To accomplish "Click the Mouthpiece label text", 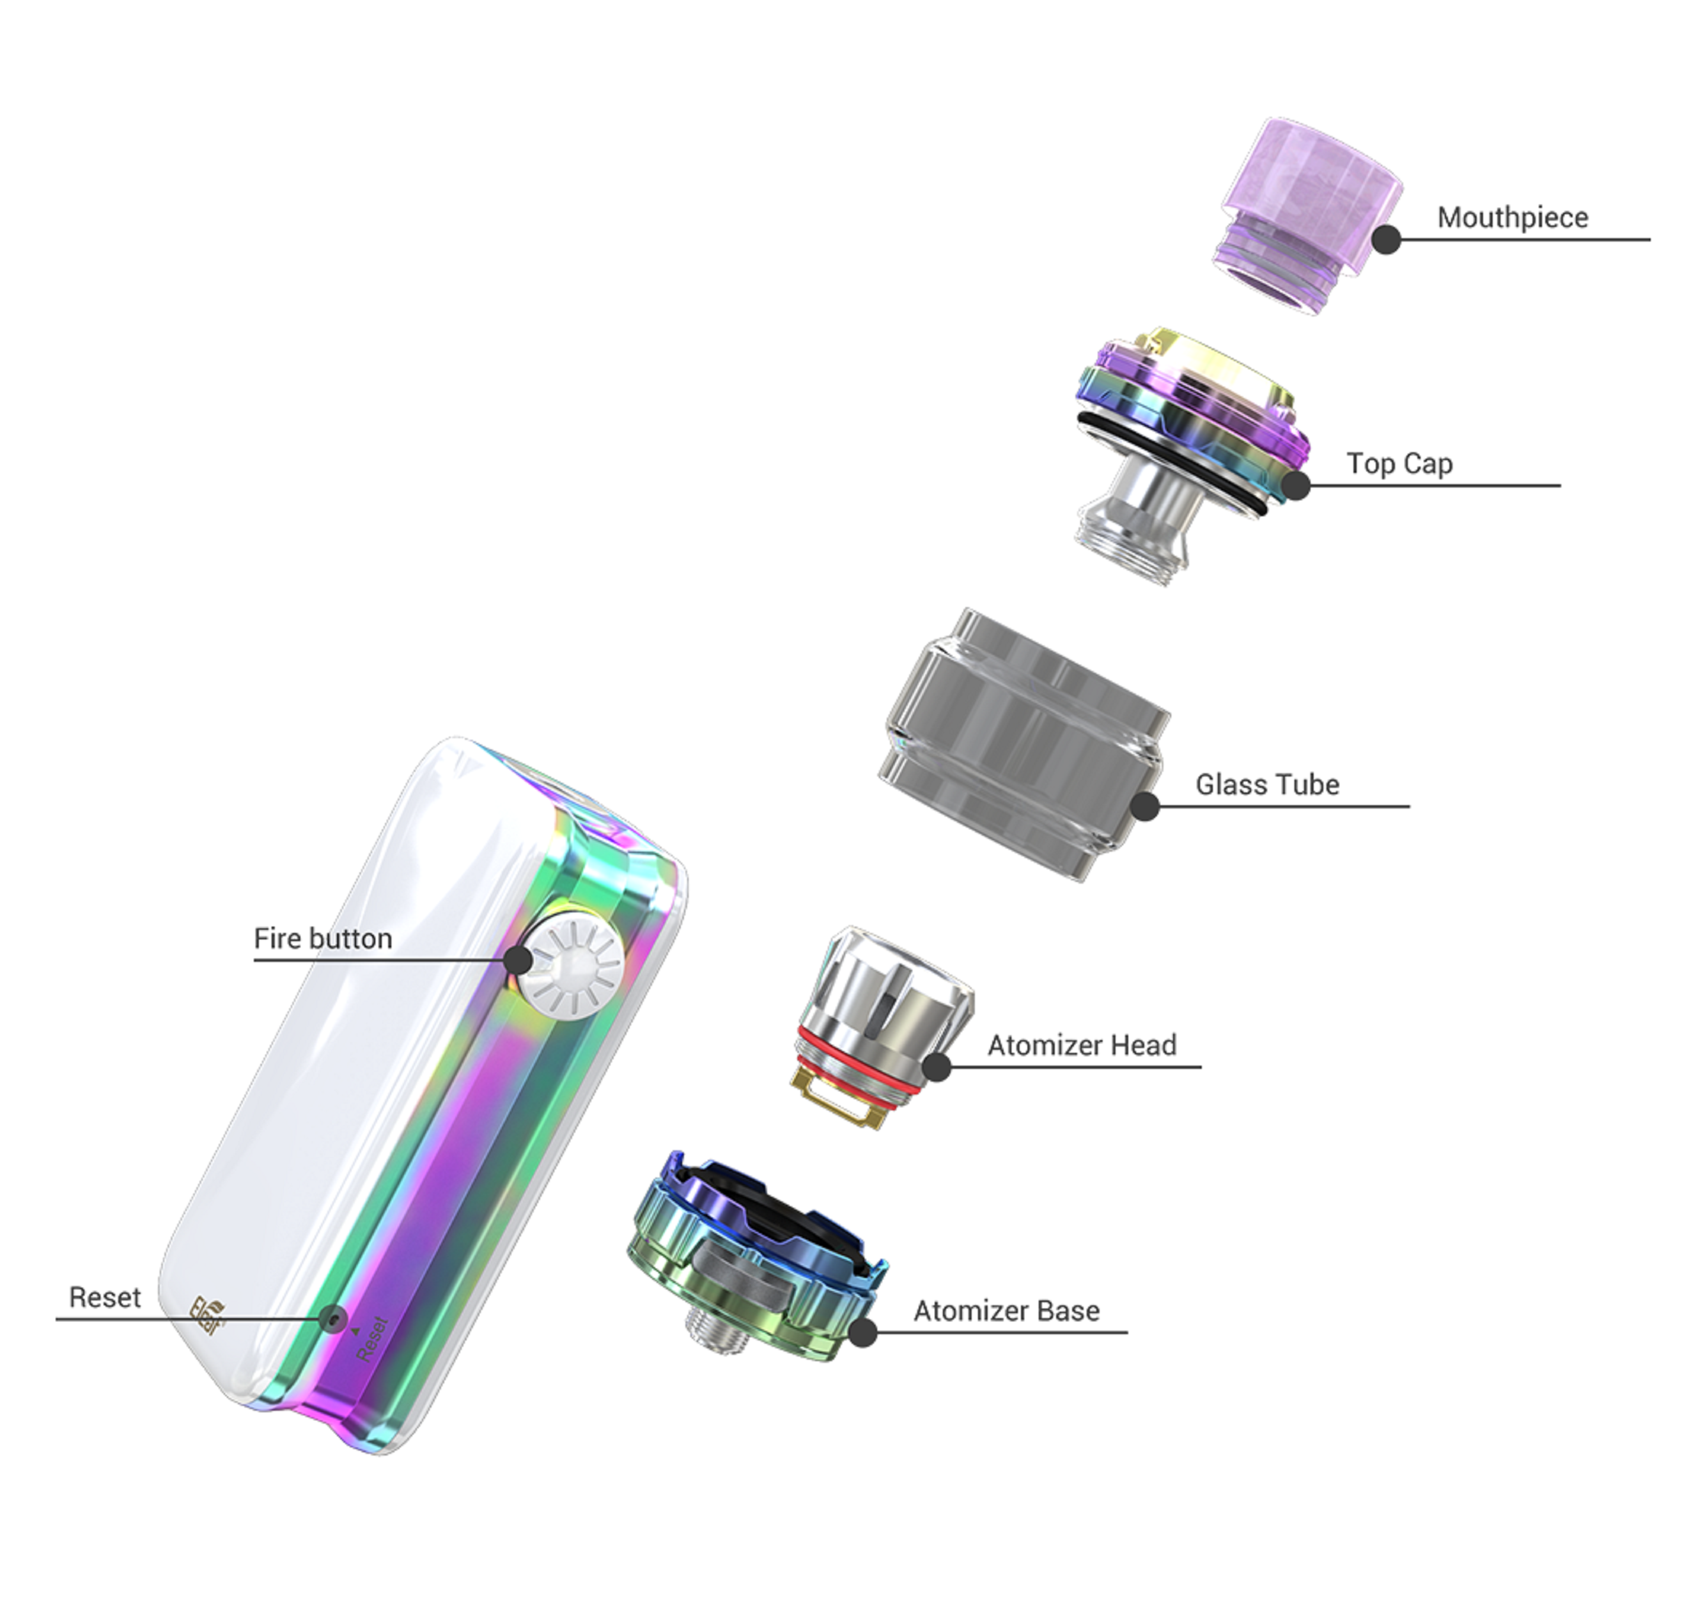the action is [x=1513, y=218].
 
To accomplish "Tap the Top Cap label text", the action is [x=1399, y=463].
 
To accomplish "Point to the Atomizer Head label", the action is [x=1082, y=1045].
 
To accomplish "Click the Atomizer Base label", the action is [x=1006, y=1311].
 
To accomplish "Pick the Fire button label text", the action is [x=322, y=938].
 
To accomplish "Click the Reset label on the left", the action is [x=105, y=1297].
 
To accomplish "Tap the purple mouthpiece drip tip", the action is [x=1309, y=216].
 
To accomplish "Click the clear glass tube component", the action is [x=1025, y=744].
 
